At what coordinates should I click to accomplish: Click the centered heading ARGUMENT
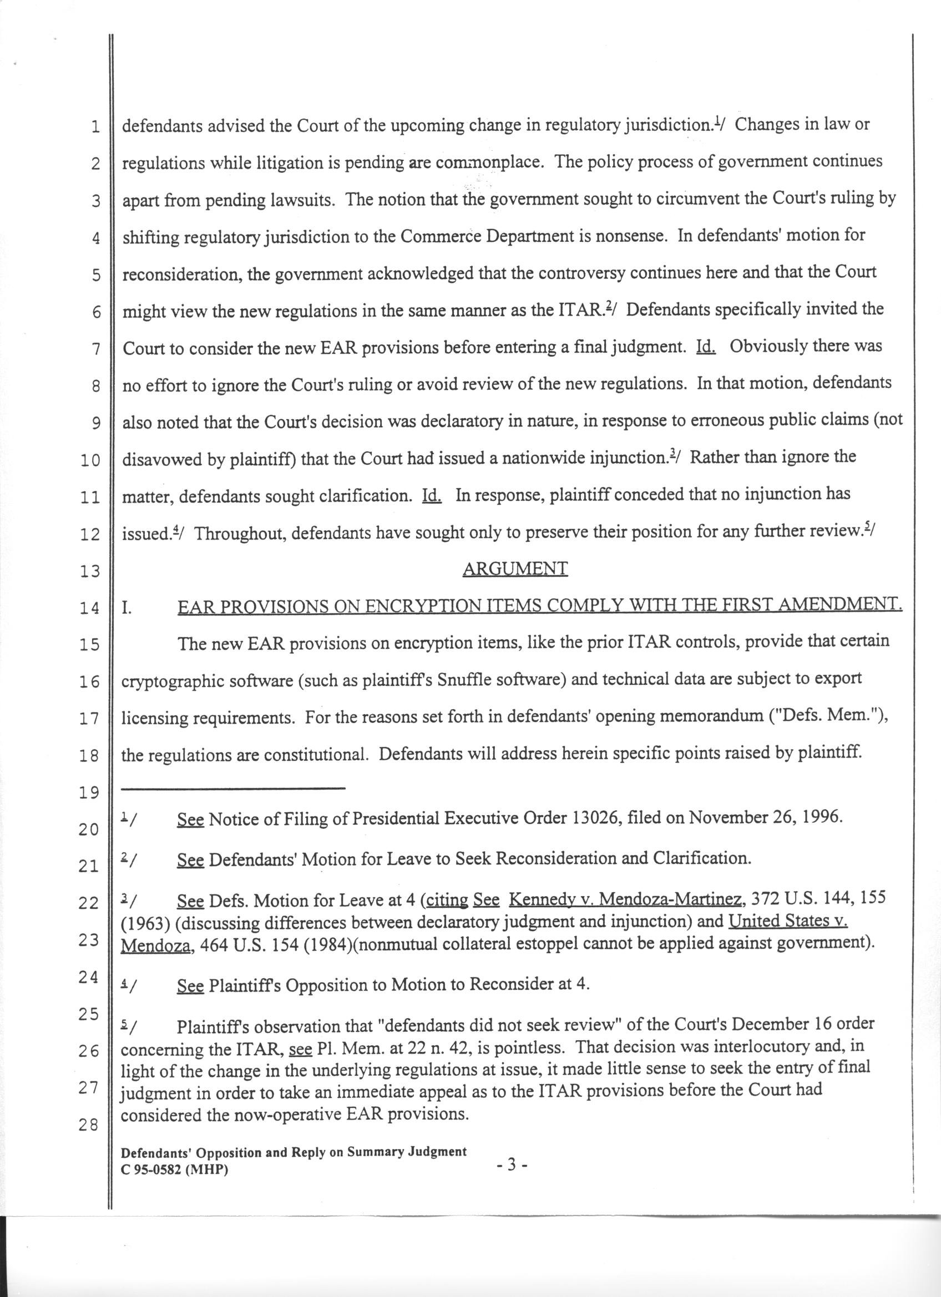515,568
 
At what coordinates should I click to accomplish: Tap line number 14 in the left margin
89,608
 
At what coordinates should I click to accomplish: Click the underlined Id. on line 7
705,347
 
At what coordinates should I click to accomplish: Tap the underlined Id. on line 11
431,495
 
